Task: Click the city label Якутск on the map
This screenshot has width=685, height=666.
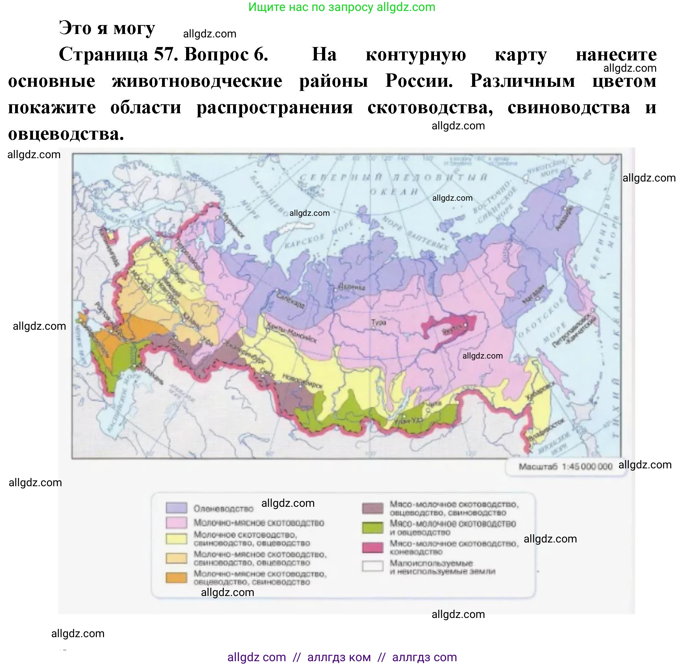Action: pyautogui.click(x=452, y=330)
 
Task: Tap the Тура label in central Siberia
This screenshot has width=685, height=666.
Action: pyautogui.click(x=378, y=322)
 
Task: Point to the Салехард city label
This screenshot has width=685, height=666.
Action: pyautogui.click(x=290, y=300)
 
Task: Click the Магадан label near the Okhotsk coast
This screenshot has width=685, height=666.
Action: pyautogui.click(x=534, y=294)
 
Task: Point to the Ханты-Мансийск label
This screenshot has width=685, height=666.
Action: pyautogui.click(x=292, y=332)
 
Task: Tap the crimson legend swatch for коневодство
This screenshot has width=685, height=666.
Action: pyautogui.click(x=373, y=547)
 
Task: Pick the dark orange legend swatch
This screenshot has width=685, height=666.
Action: pyautogui.click(x=176, y=577)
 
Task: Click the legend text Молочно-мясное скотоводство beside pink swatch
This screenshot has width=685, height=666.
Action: pyautogui.click(x=259, y=523)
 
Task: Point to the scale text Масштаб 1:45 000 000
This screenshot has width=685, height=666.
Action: pyautogui.click(x=565, y=467)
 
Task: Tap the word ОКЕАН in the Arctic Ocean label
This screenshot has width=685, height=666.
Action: pyautogui.click(x=394, y=192)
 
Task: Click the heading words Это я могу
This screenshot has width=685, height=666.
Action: pyautogui.click(x=107, y=28)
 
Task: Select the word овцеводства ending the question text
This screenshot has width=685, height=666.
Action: pyautogui.click(x=66, y=133)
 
